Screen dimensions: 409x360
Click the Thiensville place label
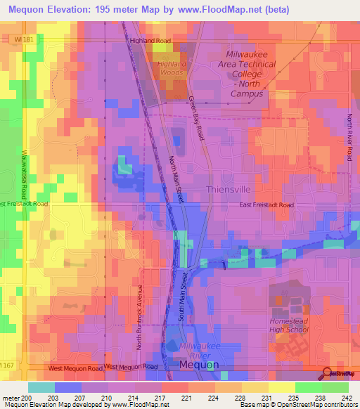231,190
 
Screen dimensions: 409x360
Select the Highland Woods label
172,68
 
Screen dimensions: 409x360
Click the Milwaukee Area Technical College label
251,74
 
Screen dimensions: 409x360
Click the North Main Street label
176,180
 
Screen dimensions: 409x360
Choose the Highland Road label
150,41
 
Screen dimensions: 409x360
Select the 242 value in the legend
347,398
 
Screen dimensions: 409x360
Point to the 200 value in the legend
21,398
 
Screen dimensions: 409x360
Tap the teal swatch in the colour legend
41,387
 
